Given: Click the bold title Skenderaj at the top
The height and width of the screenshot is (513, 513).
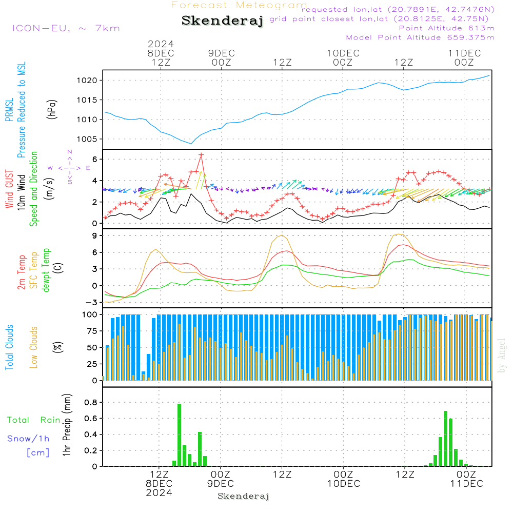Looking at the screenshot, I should click(x=222, y=21).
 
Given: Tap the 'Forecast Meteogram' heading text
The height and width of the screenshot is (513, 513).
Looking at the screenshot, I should click(x=239, y=5).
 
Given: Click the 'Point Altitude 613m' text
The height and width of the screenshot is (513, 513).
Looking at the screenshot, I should click(x=446, y=28).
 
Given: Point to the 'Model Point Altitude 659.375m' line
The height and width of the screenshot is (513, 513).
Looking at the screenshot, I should click(x=420, y=37).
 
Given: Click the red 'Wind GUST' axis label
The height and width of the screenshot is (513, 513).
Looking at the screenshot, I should click(x=9, y=189).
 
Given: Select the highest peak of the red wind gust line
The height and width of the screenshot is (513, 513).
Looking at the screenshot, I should click(x=201, y=154).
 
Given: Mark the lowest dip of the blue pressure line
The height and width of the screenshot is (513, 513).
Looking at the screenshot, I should click(x=191, y=144).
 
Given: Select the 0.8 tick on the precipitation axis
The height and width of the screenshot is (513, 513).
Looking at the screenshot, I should click(x=91, y=402).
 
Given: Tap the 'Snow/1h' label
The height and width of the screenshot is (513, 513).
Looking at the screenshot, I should click(x=28, y=439).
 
